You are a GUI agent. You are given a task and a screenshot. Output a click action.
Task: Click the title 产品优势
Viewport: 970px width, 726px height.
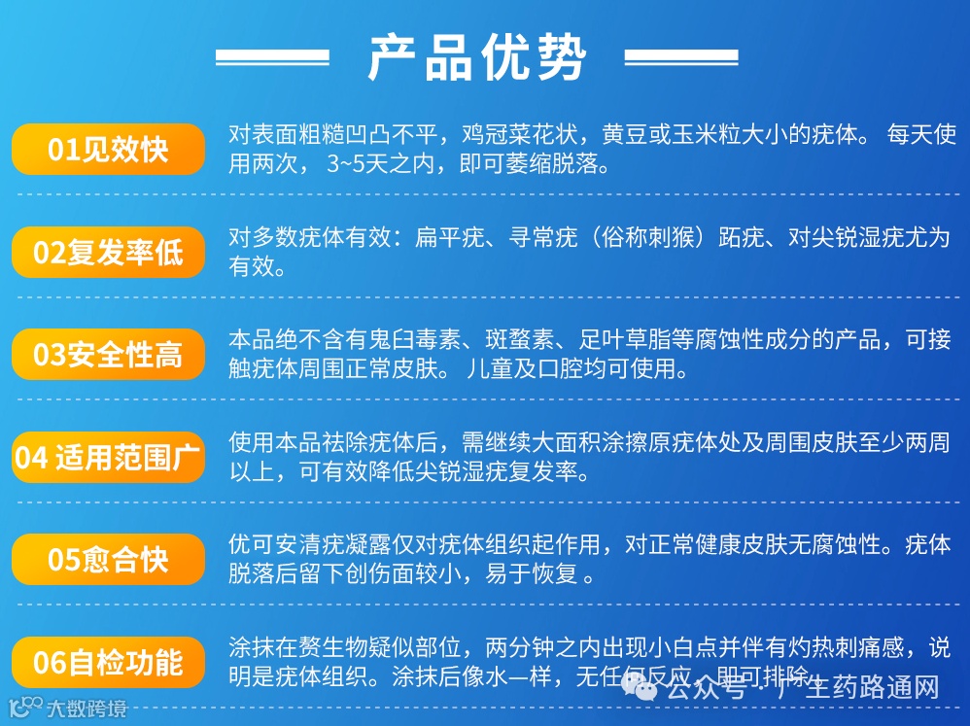(477, 57)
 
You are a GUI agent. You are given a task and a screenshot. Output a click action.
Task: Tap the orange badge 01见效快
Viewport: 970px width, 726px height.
(108, 150)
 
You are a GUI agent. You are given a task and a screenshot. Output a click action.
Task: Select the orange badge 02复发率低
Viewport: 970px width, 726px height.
(108, 253)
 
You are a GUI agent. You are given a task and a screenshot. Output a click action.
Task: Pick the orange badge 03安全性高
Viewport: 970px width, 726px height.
(108, 355)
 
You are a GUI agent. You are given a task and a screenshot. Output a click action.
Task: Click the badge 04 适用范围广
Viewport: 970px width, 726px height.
(108, 457)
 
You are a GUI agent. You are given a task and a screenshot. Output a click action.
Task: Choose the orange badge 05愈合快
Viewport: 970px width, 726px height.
(108, 560)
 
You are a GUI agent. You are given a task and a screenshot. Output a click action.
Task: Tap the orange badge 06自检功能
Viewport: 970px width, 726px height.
(108, 662)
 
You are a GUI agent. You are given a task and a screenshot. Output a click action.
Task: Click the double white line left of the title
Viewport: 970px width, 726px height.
(272, 57)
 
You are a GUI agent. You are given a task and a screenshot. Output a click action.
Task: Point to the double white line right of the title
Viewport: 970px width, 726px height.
(680, 57)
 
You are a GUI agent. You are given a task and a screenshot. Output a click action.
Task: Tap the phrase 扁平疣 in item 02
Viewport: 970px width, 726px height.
(449, 237)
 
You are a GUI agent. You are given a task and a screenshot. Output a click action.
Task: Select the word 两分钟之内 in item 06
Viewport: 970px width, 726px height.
(544, 646)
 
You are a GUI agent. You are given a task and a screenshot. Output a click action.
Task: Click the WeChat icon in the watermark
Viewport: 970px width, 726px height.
(641, 688)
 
